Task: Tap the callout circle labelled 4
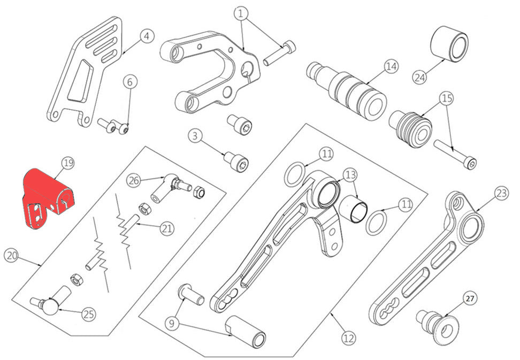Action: pos(147,36)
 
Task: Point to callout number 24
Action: pos(420,76)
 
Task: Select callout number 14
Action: pos(391,67)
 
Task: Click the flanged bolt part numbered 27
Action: pos(436,325)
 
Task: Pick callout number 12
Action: pos(348,338)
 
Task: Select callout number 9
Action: pos(172,323)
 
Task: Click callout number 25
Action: pos(88,314)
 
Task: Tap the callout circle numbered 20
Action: pos(11,256)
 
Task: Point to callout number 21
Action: pos(167,229)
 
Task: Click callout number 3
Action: pos(195,136)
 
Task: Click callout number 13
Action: pos(349,174)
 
